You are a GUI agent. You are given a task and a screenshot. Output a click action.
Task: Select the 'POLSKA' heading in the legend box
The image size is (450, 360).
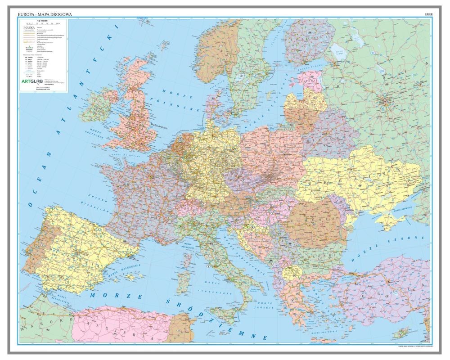pos(28,27)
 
